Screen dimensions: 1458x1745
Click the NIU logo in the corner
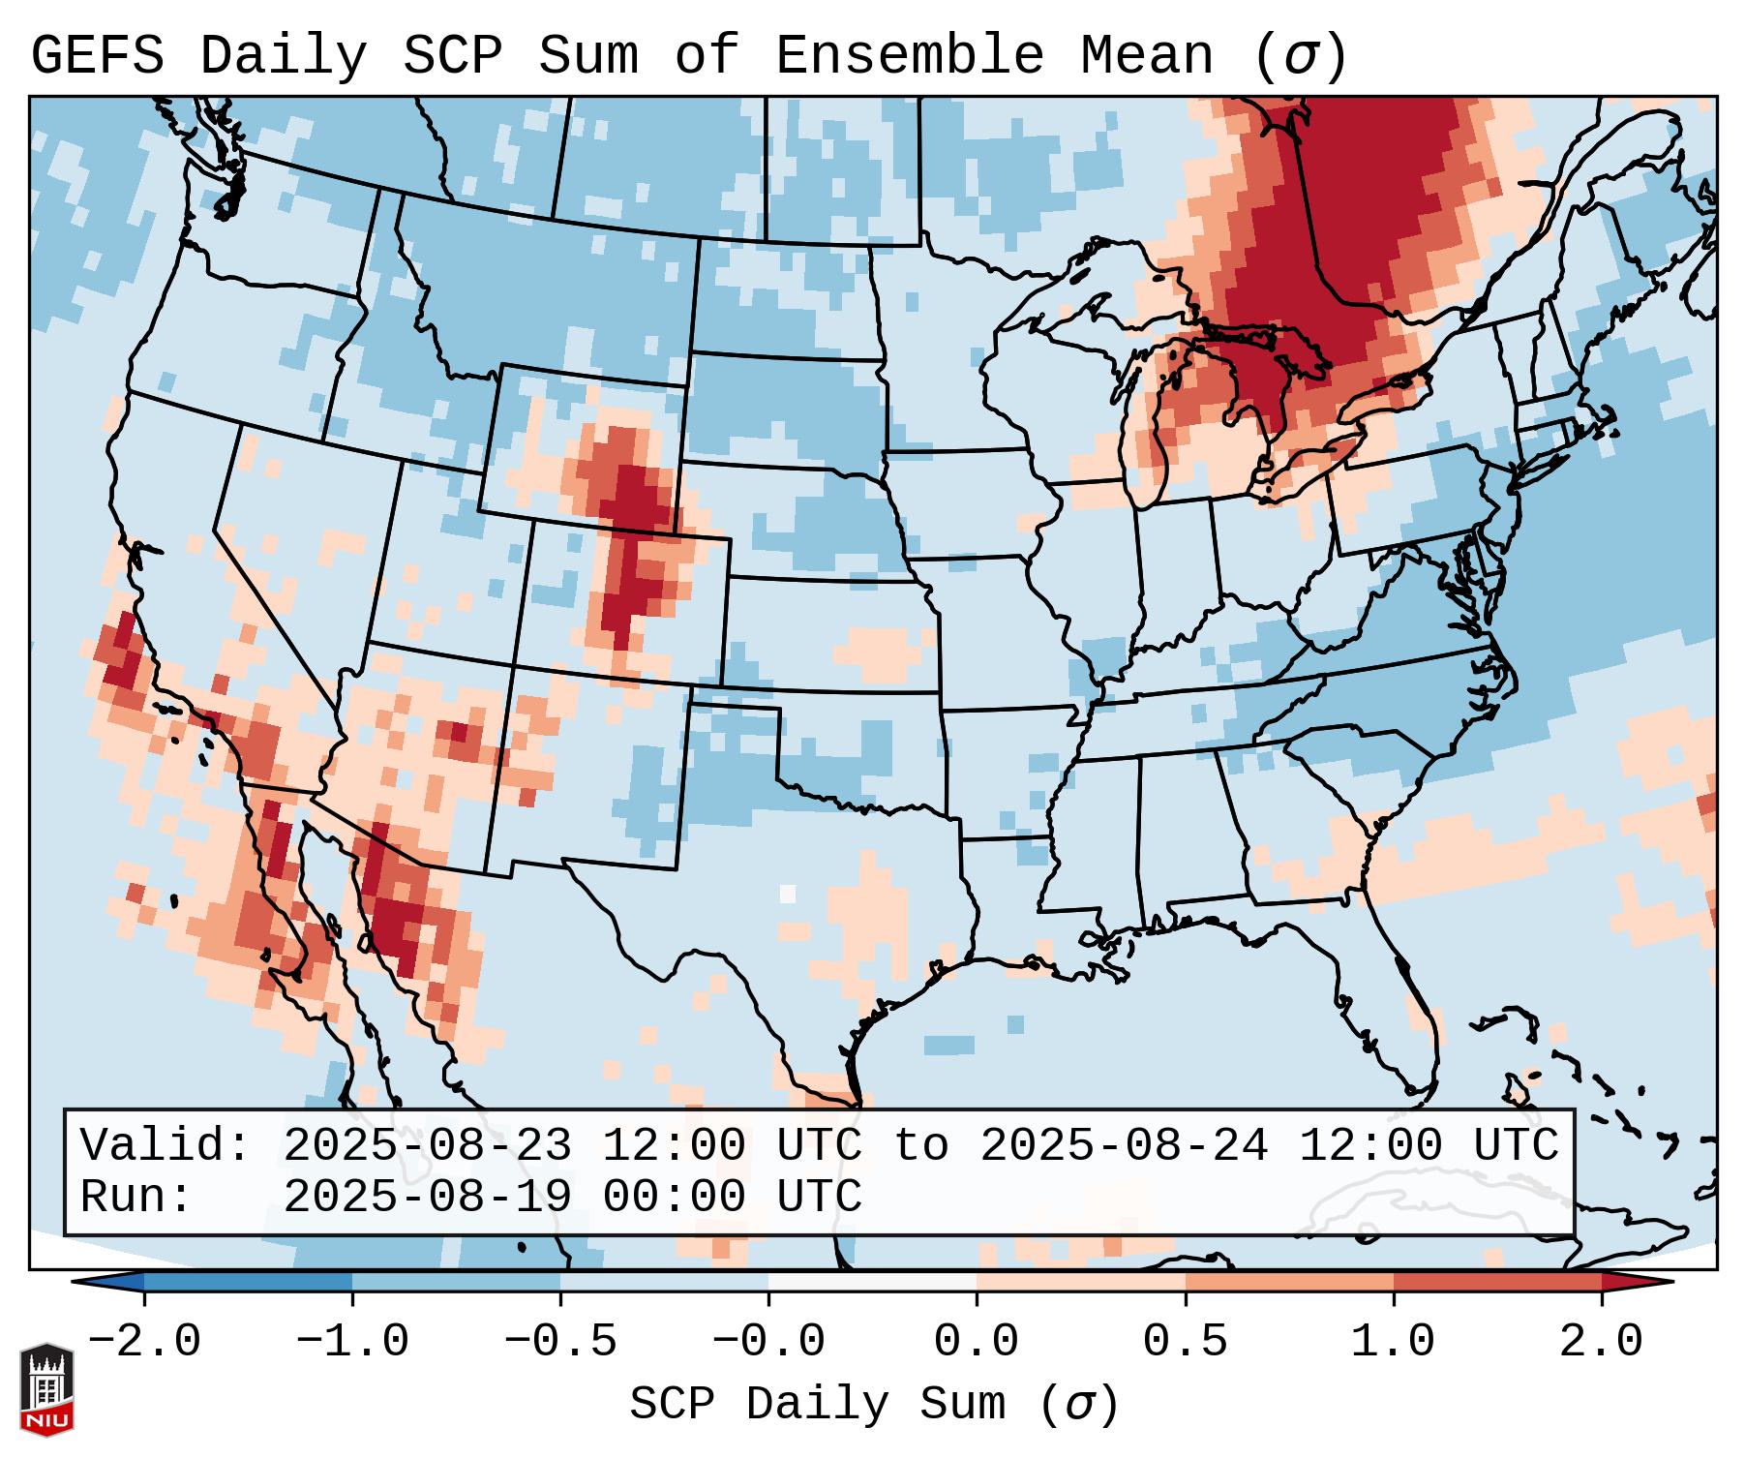pyautogui.click(x=46, y=1388)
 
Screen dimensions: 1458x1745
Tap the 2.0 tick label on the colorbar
pyautogui.click(x=1601, y=1342)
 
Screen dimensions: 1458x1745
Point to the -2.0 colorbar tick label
pyautogui.click(x=144, y=1342)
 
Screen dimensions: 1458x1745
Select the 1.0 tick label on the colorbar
pyautogui.click(x=1393, y=1342)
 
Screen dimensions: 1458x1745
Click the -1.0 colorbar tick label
pyautogui.click(x=352, y=1342)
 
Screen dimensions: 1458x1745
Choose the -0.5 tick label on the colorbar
pyautogui.click(x=560, y=1342)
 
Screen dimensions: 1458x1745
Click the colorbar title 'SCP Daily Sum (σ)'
pyautogui.click(x=873, y=1405)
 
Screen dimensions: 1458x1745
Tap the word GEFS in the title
pyautogui.click(x=98, y=55)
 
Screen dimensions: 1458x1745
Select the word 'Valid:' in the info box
pyautogui.click(x=165, y=1145)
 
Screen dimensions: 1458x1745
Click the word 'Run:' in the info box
pyautogui.click(x=136, y=1197)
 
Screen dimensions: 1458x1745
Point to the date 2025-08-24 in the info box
pyautogui.click(x=1124, y=1145)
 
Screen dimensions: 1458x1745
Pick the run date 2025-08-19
pyautogui.click(x=427, y=1197)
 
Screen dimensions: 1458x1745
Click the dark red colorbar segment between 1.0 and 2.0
pyautogui.click(x=1496, y=1282)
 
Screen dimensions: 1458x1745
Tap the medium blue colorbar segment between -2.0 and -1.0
pyautogui.click(x=248, y=1282)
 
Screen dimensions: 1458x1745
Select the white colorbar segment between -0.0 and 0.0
pyautogui.click(x=872, y=1282)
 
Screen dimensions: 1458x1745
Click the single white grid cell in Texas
pyautogui.click(x=788, y=894)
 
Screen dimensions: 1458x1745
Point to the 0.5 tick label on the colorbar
pyautogui.click(x=1185, y=1342)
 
